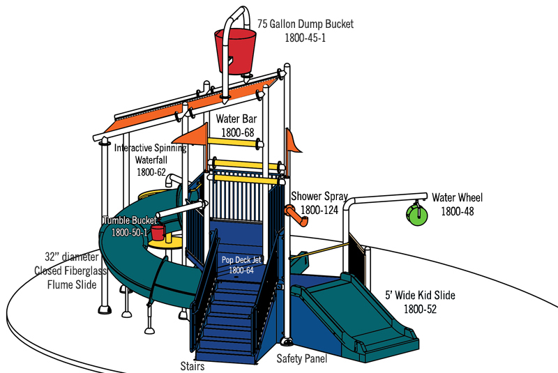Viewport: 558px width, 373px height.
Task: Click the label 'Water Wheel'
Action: click(457, 198)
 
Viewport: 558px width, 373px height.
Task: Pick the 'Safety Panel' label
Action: click(301, 359)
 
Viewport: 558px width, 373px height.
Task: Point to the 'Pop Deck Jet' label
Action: click(241, 260)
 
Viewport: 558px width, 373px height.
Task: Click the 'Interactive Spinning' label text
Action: click(150, 148)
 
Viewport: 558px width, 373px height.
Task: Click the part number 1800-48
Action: click(457, 211)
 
